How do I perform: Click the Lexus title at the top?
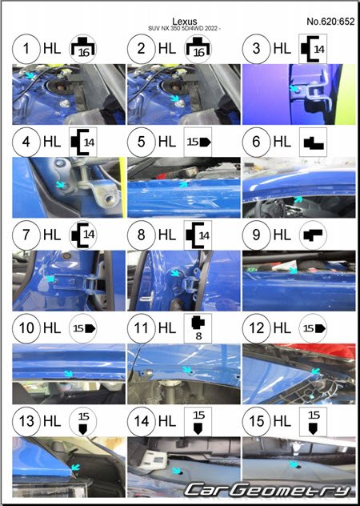185,22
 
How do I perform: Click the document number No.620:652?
330,22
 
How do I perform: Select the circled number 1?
26,49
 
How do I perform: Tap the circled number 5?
142,142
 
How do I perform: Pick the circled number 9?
256,235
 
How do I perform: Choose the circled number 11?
142,328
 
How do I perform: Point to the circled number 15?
256,421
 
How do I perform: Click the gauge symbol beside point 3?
313,49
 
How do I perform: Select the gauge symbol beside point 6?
313,142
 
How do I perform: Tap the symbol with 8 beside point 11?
198,328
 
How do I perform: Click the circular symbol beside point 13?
83,421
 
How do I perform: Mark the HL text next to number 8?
167,235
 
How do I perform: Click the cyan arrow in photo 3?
294,88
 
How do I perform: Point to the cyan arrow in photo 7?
50,278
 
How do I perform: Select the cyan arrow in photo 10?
68,373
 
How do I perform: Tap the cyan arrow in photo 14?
176,471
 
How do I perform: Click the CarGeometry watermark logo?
268,490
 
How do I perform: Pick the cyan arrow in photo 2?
175,98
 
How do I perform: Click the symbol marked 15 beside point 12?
313,328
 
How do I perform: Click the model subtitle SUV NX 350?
185,29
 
